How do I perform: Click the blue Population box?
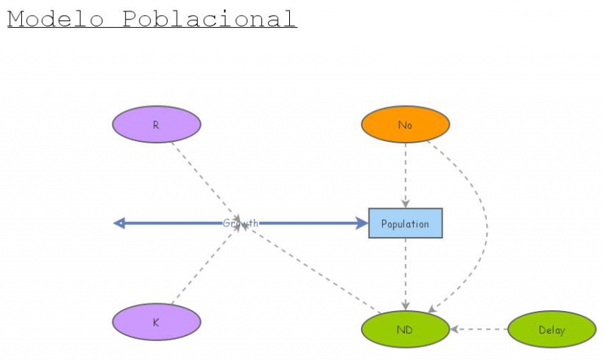(405, 223)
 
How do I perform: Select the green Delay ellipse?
(552, 330)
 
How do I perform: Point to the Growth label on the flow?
(240, 223)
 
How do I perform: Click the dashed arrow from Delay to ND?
(479, 329)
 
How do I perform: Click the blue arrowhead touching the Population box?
(361, 223)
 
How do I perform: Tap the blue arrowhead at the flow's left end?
(119, 223)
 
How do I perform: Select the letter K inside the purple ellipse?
(156, 322)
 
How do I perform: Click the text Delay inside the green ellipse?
(552, 330)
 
